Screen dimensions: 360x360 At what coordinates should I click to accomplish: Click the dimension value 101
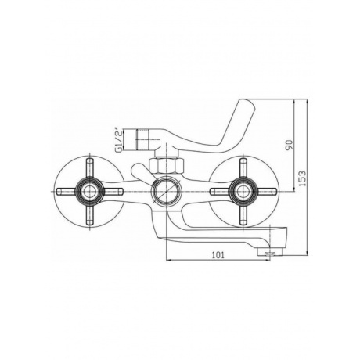[x=218, y=254]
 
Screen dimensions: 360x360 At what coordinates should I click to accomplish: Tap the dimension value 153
[x=302, y=178]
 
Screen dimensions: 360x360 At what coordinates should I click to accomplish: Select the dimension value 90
[x=289, y=145]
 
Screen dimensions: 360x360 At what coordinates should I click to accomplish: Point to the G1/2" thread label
[x=119, y=139]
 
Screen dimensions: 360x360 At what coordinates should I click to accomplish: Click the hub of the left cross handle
[x=89, y=191]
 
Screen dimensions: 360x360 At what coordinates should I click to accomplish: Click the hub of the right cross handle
[x=243, y=191]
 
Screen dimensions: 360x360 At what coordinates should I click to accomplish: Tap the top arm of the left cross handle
[x=89, y=168]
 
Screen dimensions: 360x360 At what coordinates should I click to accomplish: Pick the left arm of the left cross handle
[x=67, y=192]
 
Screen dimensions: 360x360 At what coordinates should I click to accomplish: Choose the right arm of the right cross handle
[x=266, y=192]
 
